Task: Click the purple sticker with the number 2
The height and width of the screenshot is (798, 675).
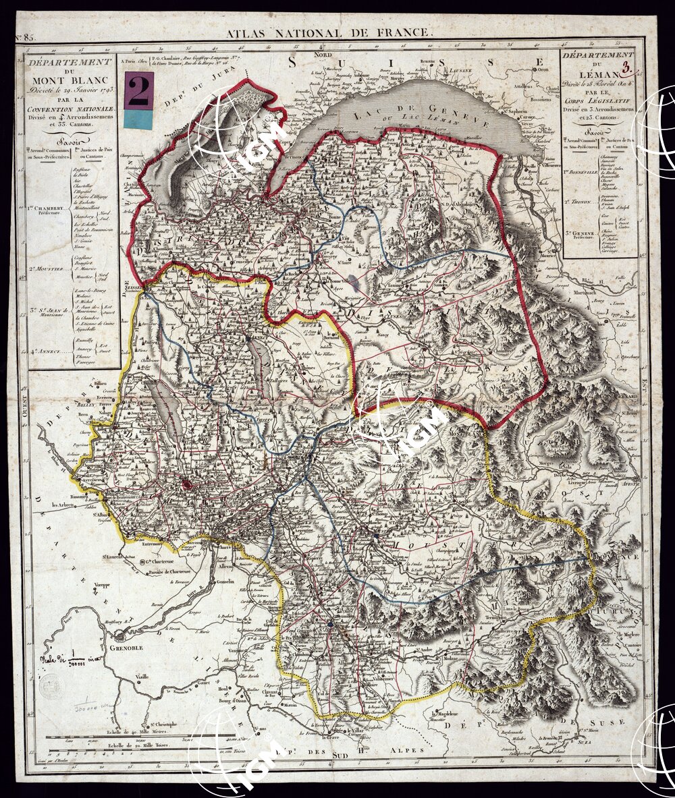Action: (139, 90)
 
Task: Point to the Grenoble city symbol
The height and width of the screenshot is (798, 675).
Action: (120, 635)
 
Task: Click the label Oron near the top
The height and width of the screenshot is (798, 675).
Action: (544, 69)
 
